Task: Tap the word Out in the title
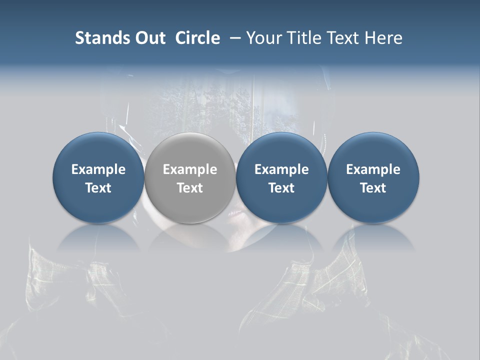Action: (x=149, y=38)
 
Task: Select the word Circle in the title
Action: (x=197, y=38)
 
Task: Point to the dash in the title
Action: (x=235, y=38)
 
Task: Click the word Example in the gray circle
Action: (x=190, y=169)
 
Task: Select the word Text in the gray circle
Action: (x=190, y=188)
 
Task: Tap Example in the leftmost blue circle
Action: (x=98, y=169)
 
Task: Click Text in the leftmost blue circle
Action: (x=98, y=188)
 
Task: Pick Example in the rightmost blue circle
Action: (x=373, y=169)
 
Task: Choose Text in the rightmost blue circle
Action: (x=373, y=188)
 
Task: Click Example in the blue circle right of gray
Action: (x=281, y=169)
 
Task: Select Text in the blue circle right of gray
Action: (x=281, y=188)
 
